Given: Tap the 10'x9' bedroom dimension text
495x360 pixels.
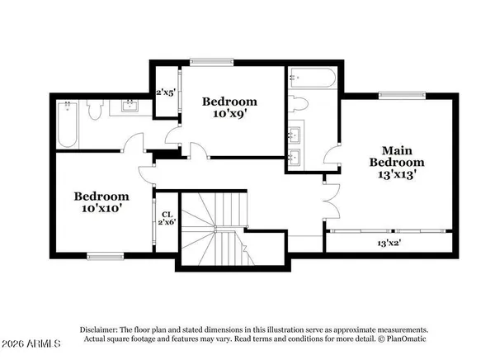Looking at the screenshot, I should (230, 115).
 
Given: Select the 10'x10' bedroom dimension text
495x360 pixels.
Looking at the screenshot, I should (102, 210).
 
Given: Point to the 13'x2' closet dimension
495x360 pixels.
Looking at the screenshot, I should (389, 244).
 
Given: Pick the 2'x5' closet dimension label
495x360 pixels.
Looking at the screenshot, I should (167, 92).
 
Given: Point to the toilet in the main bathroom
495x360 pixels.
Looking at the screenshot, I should (299, 104).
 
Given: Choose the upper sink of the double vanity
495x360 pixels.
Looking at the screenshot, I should (296, 132).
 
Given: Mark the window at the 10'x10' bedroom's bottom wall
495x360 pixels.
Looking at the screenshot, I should (106, 256).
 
